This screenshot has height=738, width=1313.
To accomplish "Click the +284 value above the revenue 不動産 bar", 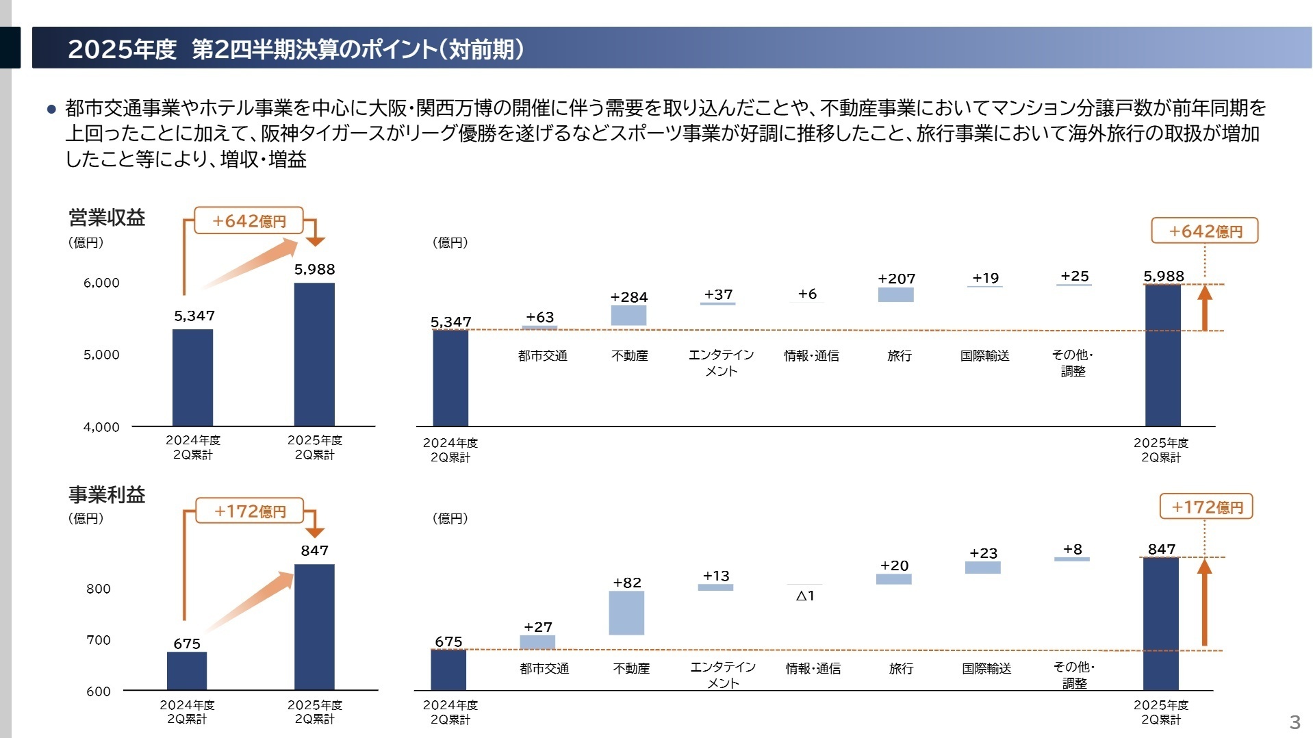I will (x=628, y=297).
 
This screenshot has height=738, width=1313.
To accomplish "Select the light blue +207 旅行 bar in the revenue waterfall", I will (x=895, y=295).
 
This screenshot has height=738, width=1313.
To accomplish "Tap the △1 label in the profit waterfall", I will (x=805, y=596).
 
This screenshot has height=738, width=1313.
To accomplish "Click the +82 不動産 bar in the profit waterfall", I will (x=626, y=613).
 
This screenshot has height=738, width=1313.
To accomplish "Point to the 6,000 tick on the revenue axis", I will (x=101, y=283).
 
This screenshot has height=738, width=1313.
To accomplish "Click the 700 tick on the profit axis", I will (x=99, y=640).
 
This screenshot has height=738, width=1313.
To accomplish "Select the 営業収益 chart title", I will (x=107, y=218).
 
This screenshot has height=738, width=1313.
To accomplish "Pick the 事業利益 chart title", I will (x=107, y=494).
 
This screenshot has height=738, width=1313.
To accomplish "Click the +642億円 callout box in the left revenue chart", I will (x=248, y=221).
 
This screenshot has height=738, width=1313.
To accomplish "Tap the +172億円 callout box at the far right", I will (x=1206, y=507).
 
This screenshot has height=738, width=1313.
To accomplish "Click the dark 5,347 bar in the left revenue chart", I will (x=192, y=377).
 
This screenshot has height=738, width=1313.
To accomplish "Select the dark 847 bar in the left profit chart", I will (x=314, y=626).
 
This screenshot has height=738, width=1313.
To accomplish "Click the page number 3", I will (x=1295, y=722).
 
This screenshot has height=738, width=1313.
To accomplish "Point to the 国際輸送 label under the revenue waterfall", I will (x=984, y=355).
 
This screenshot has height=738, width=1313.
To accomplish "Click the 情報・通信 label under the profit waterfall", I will (x=813, y=668).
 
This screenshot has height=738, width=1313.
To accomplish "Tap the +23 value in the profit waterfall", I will (x=983, y=553).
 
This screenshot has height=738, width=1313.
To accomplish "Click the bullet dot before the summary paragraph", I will (x=51, y=109).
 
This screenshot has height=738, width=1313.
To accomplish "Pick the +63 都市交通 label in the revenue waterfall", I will (x=539, y=317).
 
